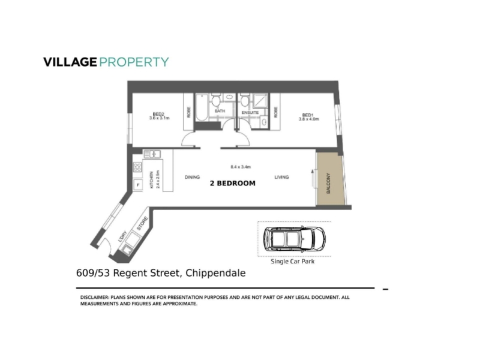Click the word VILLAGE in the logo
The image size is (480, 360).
point(70,62)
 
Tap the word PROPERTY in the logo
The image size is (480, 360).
point(134,62)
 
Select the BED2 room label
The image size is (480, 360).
point(158,114)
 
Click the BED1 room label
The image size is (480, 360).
point(308,115)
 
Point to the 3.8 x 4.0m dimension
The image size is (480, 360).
point(309,119)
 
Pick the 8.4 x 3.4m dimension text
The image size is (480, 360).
point(241,167)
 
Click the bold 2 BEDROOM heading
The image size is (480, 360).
point(233,184)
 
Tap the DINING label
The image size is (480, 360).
point(192,177)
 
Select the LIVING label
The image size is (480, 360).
point(281,177)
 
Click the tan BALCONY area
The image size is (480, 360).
point(330,179)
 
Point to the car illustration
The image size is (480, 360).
point(294,239)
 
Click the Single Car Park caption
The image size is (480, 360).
point(293,262)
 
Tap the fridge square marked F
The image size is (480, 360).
point(138,185)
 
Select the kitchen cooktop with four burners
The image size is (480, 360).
point(137,167)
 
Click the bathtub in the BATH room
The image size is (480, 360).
point(202,107)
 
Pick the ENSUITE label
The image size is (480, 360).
point(250,113)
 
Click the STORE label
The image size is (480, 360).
point(142,223)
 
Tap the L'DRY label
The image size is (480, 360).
point(122,236)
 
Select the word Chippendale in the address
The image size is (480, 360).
point(215,273)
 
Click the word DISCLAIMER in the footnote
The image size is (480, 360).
point(95,297)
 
